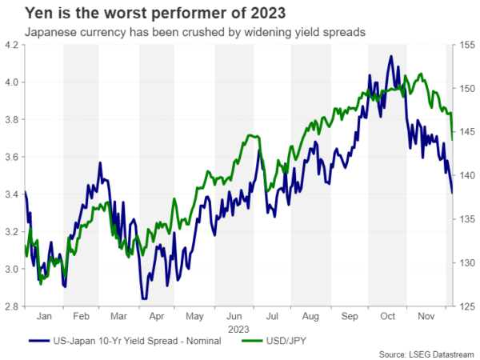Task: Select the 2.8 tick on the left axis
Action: [14, 306]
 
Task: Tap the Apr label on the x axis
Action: [158, 316]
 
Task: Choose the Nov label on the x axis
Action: [426, 316]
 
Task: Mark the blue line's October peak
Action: [390, 56]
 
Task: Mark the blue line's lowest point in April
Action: [143, 298]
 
